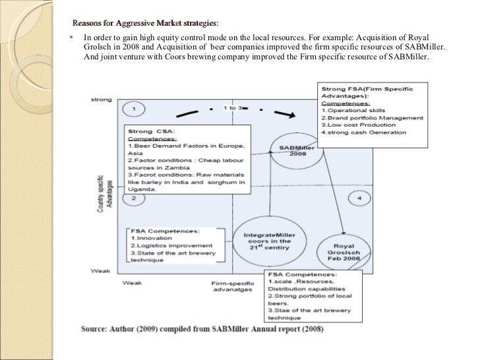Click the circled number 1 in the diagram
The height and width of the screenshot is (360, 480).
[x=134, y=107]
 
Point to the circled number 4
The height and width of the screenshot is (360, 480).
[x=359, y=198]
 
